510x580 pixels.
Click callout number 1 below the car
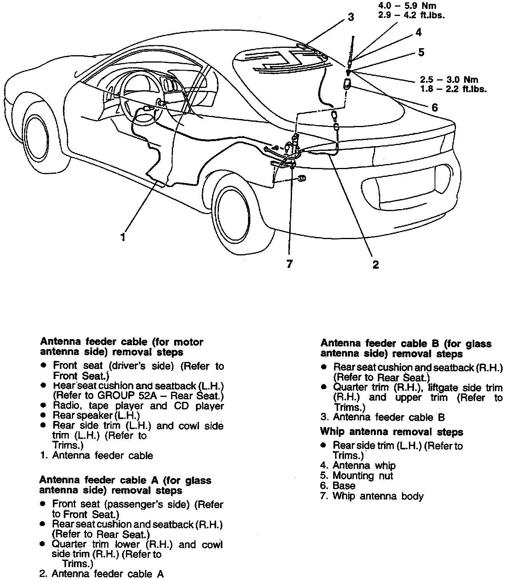[x=123, y=237]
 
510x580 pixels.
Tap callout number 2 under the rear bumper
[x=375, y=264]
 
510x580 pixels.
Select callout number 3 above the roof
[x=351, y=17]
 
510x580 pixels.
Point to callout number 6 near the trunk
[x=435, y=107]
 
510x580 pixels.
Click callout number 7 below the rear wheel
[x=289, y=264]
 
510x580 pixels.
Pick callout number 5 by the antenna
[x=421, y=52]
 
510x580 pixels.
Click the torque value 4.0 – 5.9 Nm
[x=407, y=6]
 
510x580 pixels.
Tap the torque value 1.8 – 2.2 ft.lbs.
[x=453, y=89]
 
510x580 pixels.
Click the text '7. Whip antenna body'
[x=372, y=496]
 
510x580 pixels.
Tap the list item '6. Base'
[x=338, y=486]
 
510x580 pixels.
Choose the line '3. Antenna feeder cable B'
[x=382, y=418]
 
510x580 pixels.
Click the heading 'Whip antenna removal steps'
[x=391, y=432]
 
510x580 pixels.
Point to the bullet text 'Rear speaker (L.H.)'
[x=96, y=416]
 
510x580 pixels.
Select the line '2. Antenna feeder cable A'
[x=101, y=574]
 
